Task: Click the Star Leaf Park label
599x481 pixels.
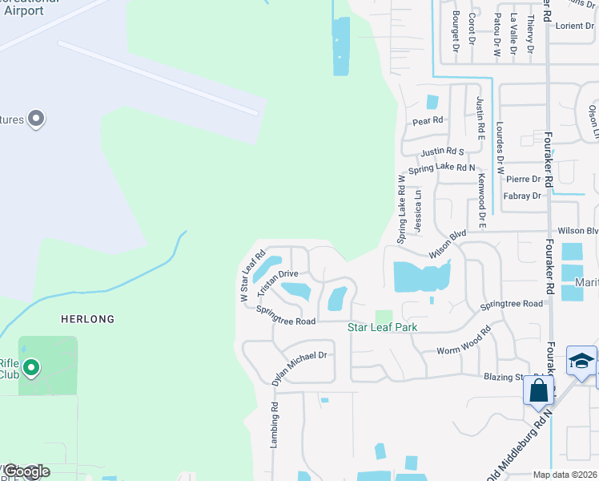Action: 382,327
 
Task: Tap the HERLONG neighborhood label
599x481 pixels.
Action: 88,318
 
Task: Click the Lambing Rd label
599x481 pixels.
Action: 274,429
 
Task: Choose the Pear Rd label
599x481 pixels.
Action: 428,120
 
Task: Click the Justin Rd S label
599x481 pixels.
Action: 442,152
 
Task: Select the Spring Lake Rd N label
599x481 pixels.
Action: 441,168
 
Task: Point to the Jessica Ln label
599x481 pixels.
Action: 418,211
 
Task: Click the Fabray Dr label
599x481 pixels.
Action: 523,196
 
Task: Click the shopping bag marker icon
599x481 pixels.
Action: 539,390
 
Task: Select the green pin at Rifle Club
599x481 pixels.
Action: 31,369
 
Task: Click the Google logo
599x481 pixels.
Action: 26,471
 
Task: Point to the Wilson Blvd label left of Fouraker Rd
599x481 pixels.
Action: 448,245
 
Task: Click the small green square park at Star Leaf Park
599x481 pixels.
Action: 384,317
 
